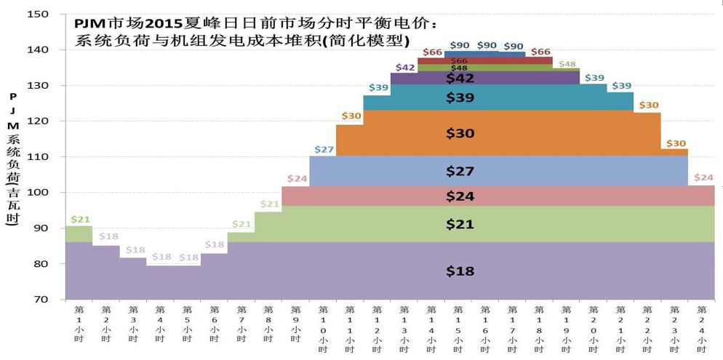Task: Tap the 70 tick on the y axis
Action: [x=41, y=300]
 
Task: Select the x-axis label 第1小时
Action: [x=79, y=324]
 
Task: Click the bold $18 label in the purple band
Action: [x=460, y=271]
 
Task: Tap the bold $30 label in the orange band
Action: [x=460, y=133]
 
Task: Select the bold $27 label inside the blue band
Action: [x=460, y=172]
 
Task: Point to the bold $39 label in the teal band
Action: [x=460, y=98]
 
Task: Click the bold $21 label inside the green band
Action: [x=460, y=225]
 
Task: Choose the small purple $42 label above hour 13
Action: [x=404, y=68]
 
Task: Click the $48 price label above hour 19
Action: [x=567, y=64]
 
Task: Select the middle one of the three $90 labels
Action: [x=487, y=46]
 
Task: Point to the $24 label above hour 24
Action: [x=703, y=178]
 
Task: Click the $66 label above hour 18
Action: [x=540, y=52]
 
